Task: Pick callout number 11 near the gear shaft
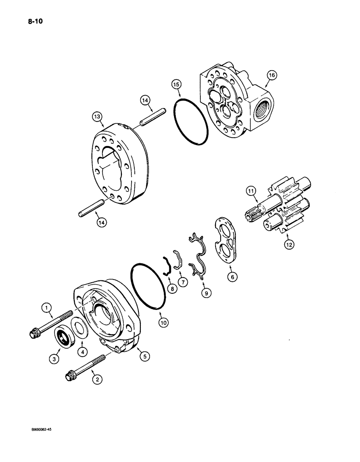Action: [x=250, y=190]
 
